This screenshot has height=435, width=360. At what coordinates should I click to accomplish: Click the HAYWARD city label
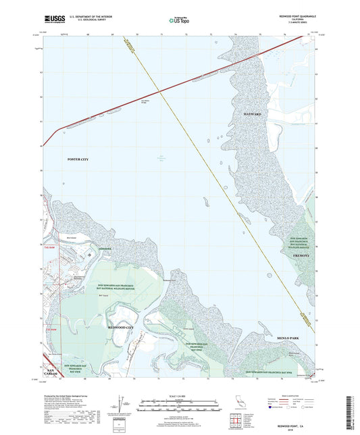[251, 115]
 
